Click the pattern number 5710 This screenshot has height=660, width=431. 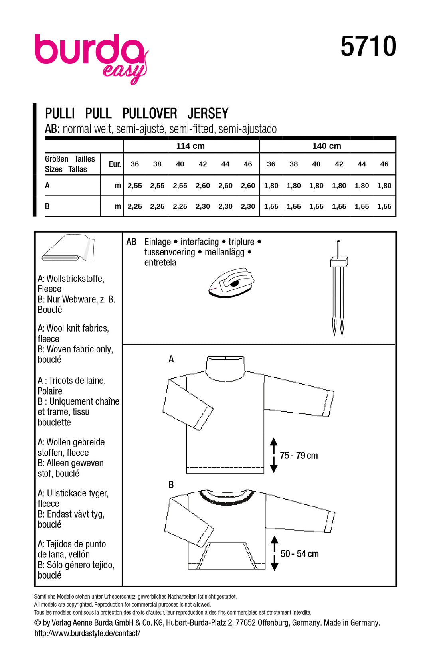coord(368,47)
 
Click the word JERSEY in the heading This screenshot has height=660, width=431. coord(208,113)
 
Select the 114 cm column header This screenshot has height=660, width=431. coord(190,146)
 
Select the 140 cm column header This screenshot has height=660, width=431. coord(326,146)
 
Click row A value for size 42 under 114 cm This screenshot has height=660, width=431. coord(203,186)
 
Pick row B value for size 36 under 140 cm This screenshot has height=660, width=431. coord(271,207)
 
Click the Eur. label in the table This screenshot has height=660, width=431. coord(115,164)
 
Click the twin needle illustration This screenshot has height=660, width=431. coord(338,287)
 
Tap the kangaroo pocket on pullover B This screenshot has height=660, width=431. coord(226,555)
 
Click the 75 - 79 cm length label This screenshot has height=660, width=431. coord(299,456)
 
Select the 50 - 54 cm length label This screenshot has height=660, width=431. coord(299,554)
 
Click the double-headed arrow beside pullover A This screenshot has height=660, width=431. coord(273,455)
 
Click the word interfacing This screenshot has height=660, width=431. coord(200,242)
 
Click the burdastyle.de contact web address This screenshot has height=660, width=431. coord(87,633)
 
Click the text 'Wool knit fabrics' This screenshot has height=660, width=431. coord(77,328)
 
